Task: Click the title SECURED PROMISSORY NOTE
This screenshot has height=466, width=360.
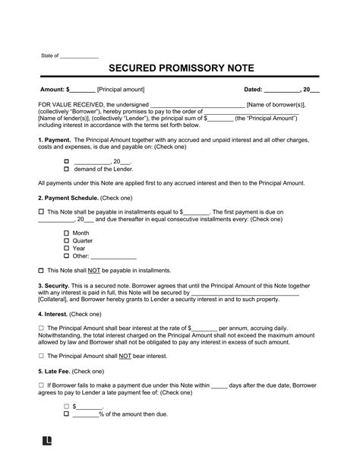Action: click(180, 68)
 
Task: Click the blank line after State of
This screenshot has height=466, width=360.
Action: click(79, 56)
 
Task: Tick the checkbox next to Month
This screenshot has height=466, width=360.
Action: click(66, 232)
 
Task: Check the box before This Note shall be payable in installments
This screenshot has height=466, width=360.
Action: click(40, 211)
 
